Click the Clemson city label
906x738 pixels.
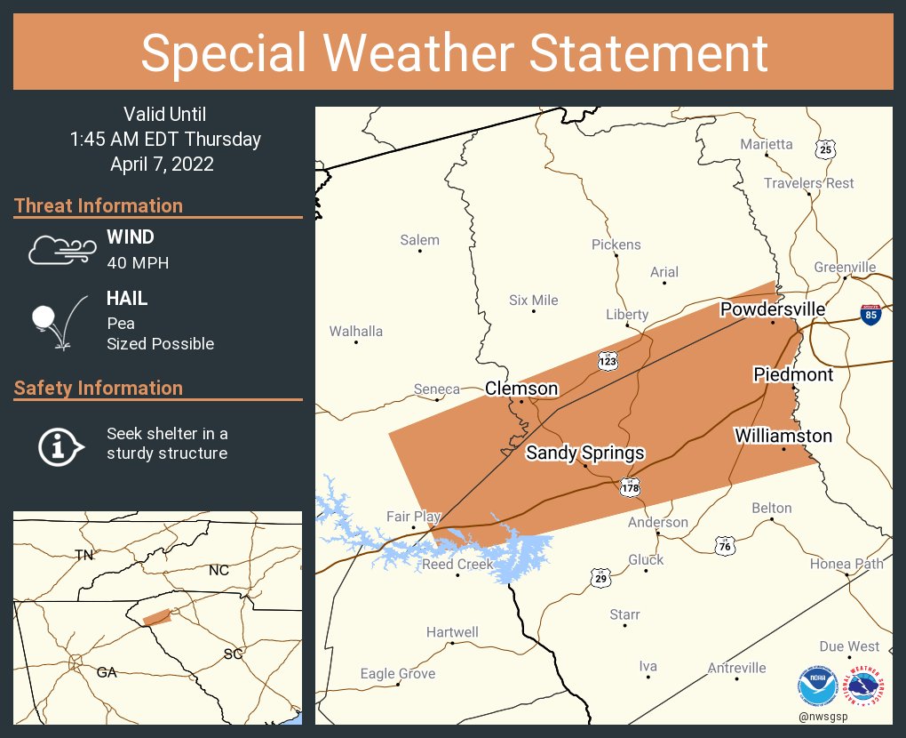coord(521,389)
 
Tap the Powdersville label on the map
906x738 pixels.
coord(772,309)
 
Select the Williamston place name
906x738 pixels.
coord(783,436)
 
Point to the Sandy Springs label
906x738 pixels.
coord(584,453)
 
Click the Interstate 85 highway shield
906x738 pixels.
coord(870,314)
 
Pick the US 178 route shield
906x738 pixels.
coord(630,486)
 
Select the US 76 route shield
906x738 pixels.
coord(725,545)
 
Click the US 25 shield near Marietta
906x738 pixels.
coord(826,148)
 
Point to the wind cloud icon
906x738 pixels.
coord(60,250)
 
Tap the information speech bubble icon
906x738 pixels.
coord(60,445)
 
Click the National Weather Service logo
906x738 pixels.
coord(866,687)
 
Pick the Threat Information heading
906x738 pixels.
coord(99,205)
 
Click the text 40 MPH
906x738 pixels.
coord(138,262)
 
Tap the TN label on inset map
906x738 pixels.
coord(83,556)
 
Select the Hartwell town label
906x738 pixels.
coord(452,632)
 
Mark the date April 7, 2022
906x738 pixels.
coord(162,164)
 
